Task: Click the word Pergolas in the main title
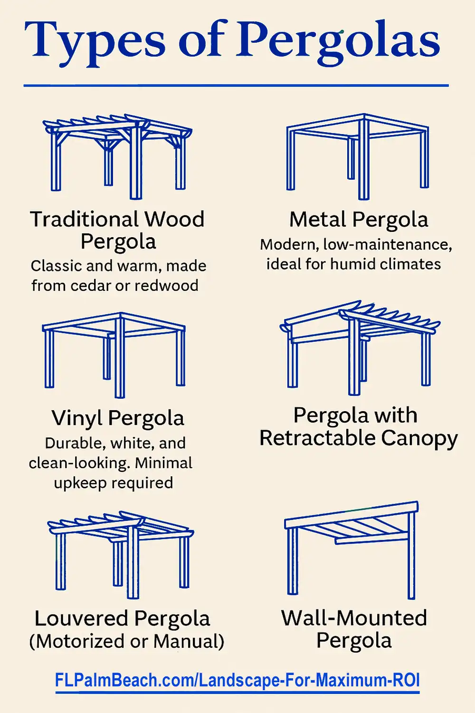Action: click(x=338, y=40)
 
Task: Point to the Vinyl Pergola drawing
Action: click(x=114, y=354)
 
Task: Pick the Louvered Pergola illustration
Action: click(x=121, y=554)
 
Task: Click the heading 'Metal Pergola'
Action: click(x=359, y=220)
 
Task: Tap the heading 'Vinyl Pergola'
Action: click(x=118, y=418)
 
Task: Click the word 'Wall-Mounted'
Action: click(x=354, y=618)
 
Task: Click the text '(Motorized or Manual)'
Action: click(x=126, y=641)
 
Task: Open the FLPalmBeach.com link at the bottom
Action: click(x=237, y=680)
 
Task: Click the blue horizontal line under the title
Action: click(x=236, y=86)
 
